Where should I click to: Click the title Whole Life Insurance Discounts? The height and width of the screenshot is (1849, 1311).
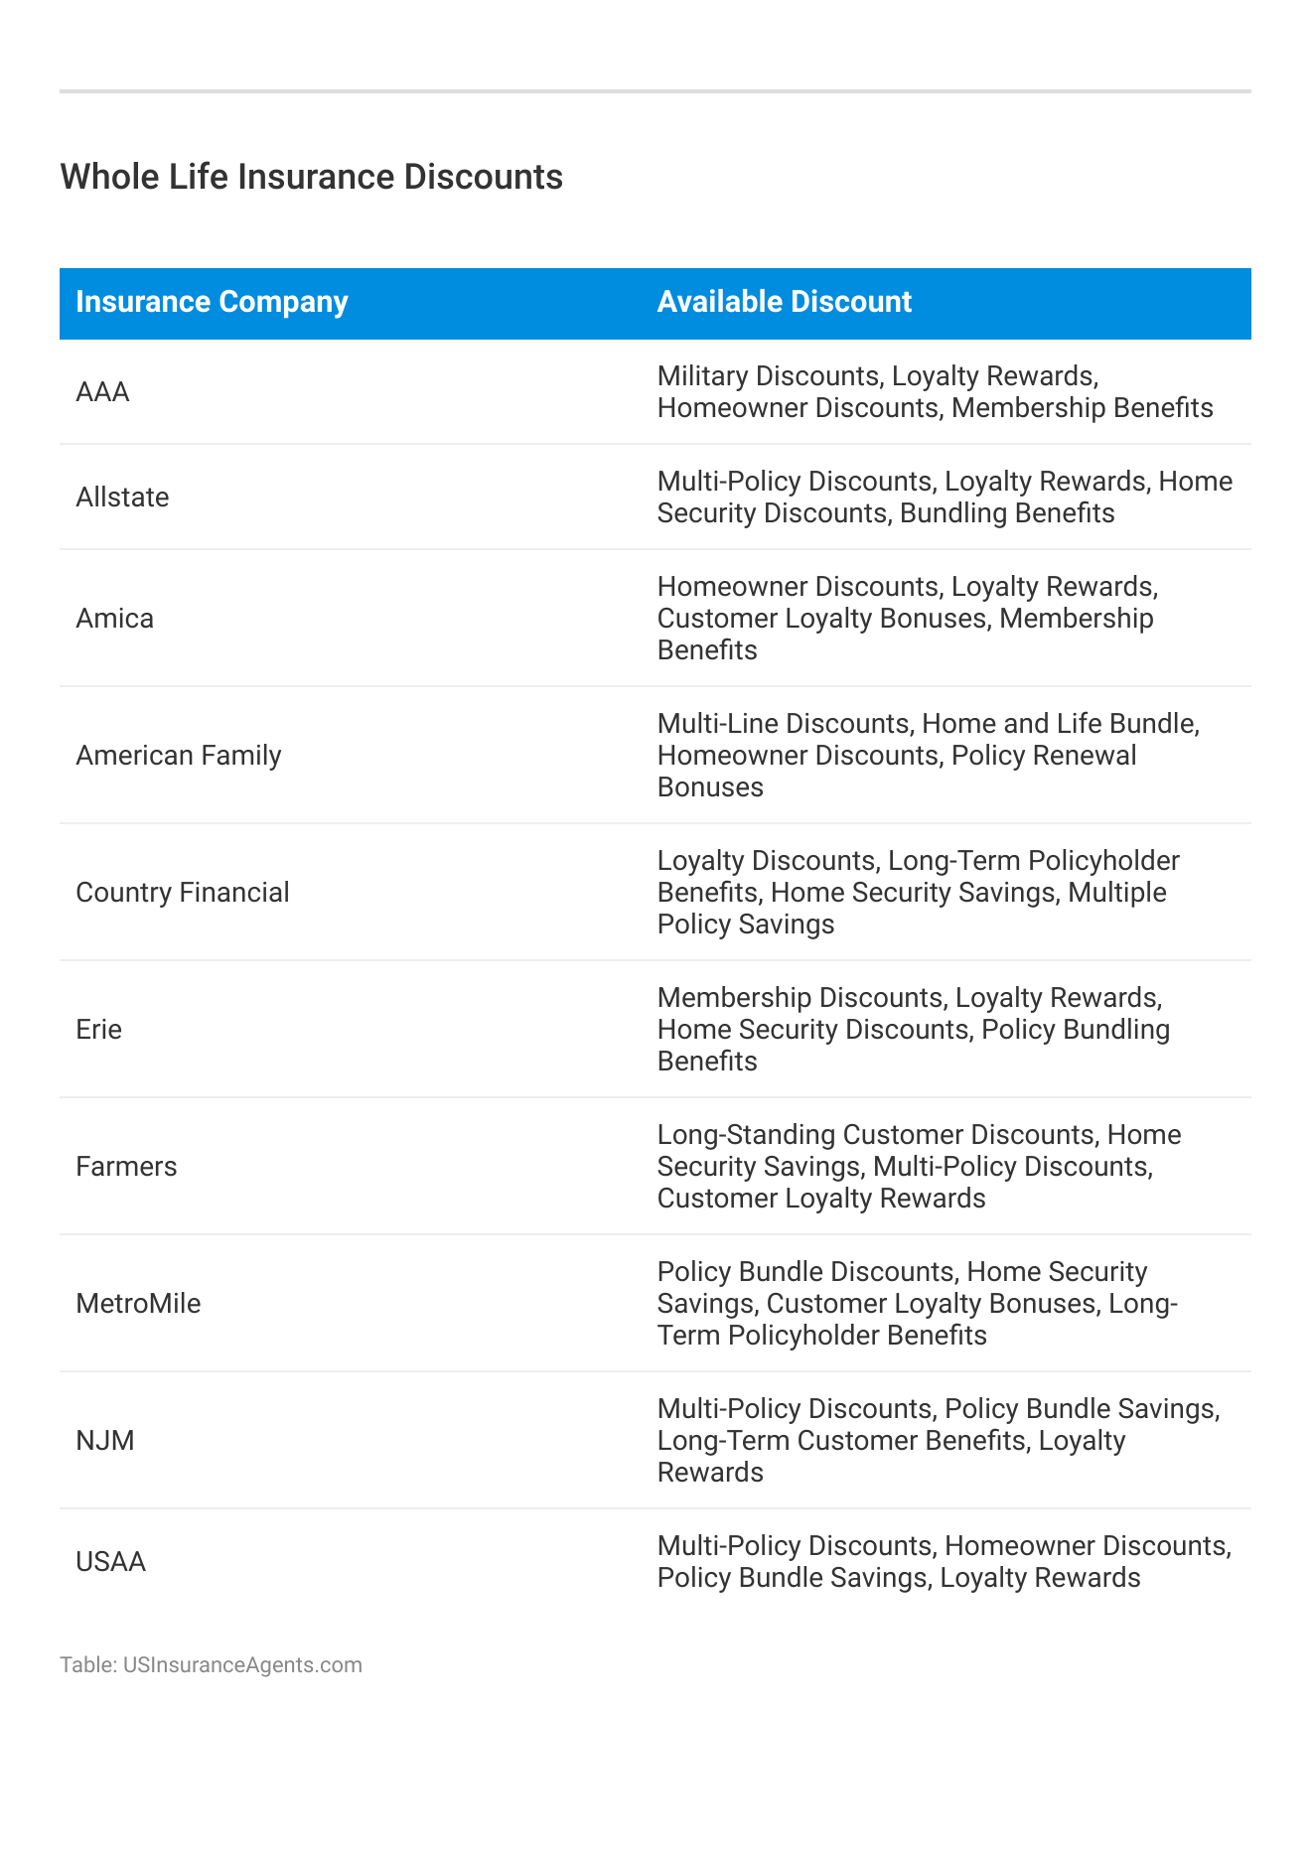pos(311,177)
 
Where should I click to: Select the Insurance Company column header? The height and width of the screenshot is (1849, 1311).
pos(212,302)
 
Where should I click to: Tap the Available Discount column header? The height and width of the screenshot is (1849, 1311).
pos(784,302)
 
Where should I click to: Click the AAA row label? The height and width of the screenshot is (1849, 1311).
pos(102,392)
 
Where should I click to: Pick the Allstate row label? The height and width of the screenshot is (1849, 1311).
pos(122,498)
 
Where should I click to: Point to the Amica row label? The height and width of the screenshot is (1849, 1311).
pos(114,619)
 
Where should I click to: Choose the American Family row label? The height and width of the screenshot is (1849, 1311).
pos(179,756)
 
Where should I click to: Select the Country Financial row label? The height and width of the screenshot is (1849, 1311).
pos(183,893)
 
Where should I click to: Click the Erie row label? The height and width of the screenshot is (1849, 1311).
pos(98,1030)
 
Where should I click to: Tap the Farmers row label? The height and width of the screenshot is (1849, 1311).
pos(126,1167)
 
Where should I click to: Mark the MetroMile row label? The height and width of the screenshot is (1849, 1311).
pos(138,1304)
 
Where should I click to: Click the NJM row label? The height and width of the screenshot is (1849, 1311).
pos(104,1441)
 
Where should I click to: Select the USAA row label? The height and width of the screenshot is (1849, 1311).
pos(110,1562)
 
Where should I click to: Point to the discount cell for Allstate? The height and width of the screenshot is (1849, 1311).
pos(944,498)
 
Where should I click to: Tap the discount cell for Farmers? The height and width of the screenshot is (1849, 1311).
pos(919,1167)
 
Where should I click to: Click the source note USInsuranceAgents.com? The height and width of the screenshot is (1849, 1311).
pos(242,1665)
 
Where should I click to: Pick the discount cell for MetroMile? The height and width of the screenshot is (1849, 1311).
pos(917,1304)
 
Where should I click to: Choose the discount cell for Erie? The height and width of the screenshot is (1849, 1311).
pos(913,1030)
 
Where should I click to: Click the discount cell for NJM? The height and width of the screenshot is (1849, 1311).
pos(938,1441)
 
